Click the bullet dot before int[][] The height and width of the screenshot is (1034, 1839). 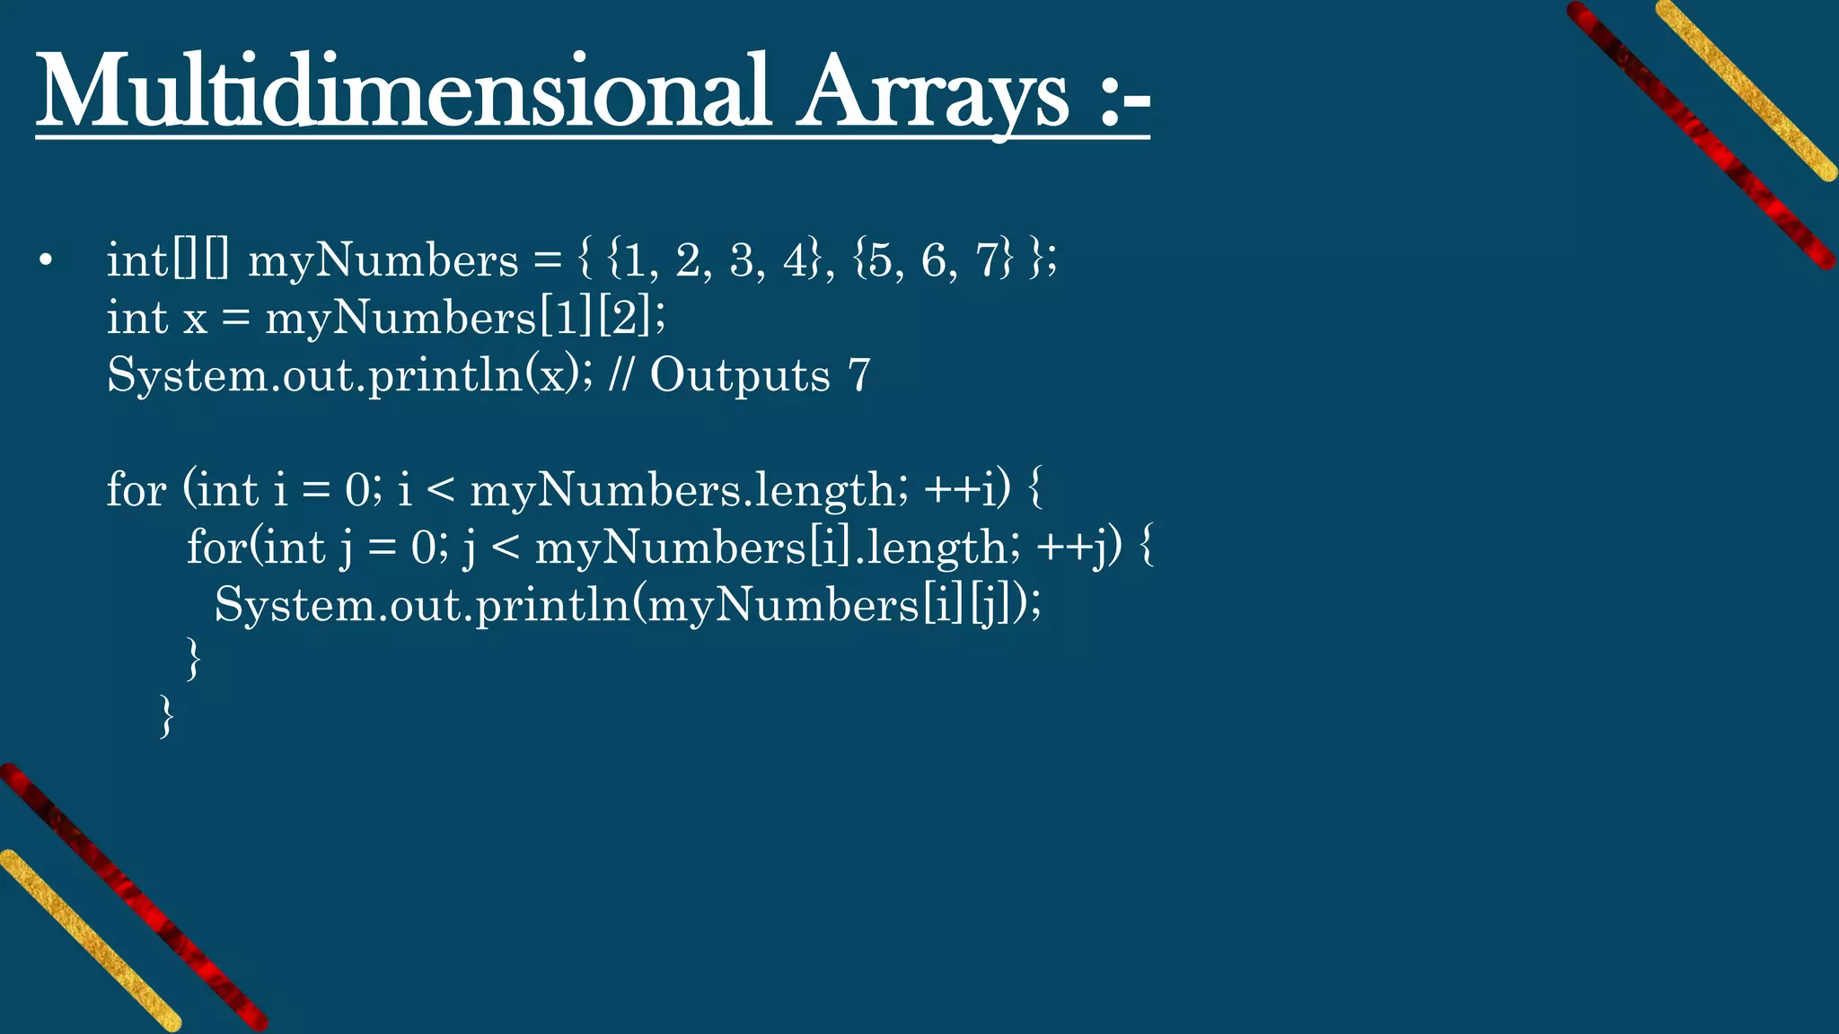(47, 261)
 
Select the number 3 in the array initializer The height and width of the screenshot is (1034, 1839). (742, 261)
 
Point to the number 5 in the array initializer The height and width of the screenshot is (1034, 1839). (881, 261)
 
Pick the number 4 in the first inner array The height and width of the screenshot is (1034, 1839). (796, 261)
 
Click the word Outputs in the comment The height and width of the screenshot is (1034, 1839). (740, 375)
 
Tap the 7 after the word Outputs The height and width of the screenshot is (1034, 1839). (859, 375)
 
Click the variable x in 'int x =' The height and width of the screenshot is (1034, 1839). (195, 320)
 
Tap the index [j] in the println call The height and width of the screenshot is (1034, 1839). (989, 605)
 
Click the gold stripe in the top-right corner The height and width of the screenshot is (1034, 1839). (1747, 90)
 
